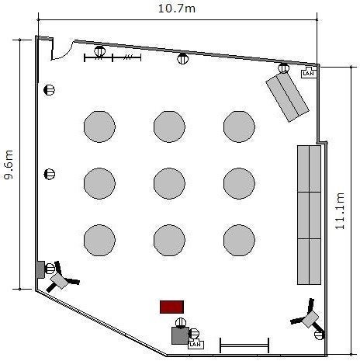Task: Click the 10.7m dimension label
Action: point(177,9)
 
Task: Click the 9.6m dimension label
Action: point(9,165)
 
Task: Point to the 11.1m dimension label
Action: point(340,211)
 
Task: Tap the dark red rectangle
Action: point(171,307)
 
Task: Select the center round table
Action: point(169,183)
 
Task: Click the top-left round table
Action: point(99,127)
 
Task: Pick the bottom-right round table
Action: point(239,240)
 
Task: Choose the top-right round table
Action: point(239,127)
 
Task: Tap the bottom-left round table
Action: point(99,240)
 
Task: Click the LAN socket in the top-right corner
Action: point(309,73)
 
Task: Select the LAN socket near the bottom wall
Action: point(196,344)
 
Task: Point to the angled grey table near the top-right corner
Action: point(287,97)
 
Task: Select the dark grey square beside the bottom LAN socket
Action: point(180,335)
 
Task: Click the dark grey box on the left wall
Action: point(40,269)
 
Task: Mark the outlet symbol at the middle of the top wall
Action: point(183,58)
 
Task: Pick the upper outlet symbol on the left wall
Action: point(49,90)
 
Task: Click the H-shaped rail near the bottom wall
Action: point(244,345)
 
